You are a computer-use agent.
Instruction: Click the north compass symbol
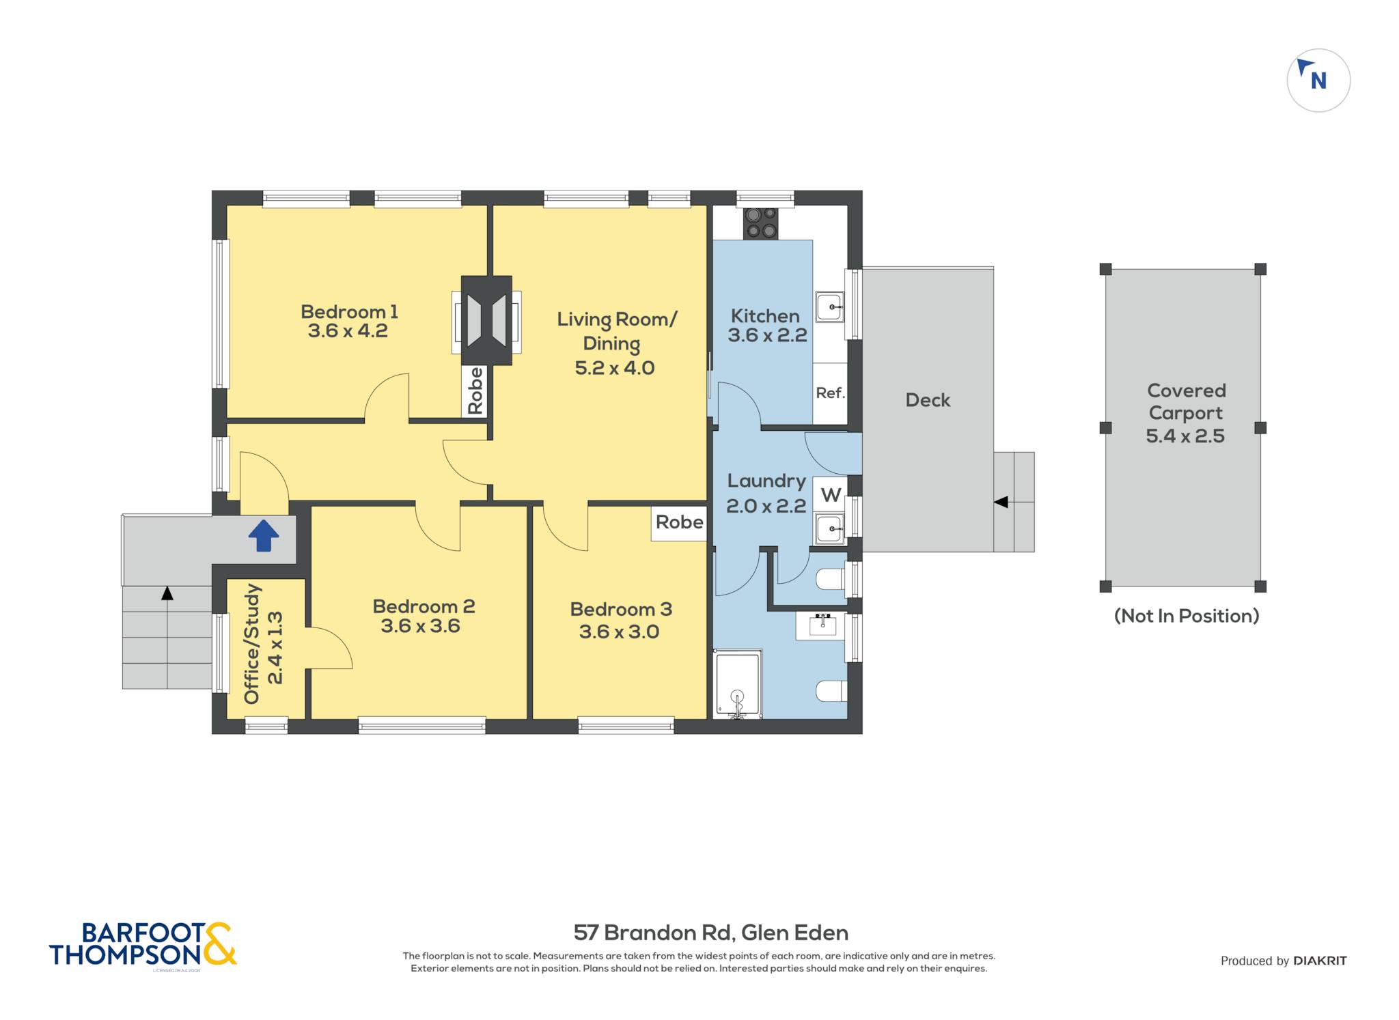(x=1318, y=81)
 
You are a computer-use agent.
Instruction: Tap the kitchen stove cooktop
(x=761, y=223)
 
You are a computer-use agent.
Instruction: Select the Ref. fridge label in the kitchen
(x=830, y=393)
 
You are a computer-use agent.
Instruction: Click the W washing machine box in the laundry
(x=830, y=494)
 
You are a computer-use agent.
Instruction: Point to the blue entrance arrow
(x=264, y=535)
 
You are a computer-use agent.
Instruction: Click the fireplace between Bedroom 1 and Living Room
(x=486, y=320)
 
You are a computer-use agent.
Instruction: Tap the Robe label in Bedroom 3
(x=679, y=522)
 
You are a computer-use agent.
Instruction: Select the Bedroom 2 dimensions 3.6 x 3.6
(x=420, y=626)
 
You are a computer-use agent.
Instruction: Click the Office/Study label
(x=252, y=644)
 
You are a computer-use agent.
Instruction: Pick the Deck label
(x=928, y=400)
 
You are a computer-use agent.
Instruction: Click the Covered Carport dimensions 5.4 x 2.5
(x=1185, y=436)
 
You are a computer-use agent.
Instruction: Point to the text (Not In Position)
(x=1187, y=616)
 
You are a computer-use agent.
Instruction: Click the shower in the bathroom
(x=737, y=684)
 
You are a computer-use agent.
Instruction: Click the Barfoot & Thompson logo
(x=143, y=946)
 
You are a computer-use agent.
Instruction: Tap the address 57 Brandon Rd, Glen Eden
(x=711, y=933)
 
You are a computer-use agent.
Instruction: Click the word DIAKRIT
(x=1320, y=961)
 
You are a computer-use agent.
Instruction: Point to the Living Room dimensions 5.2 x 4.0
(x=615, y=368)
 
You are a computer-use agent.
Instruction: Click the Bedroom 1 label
(x=349, y=312)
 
